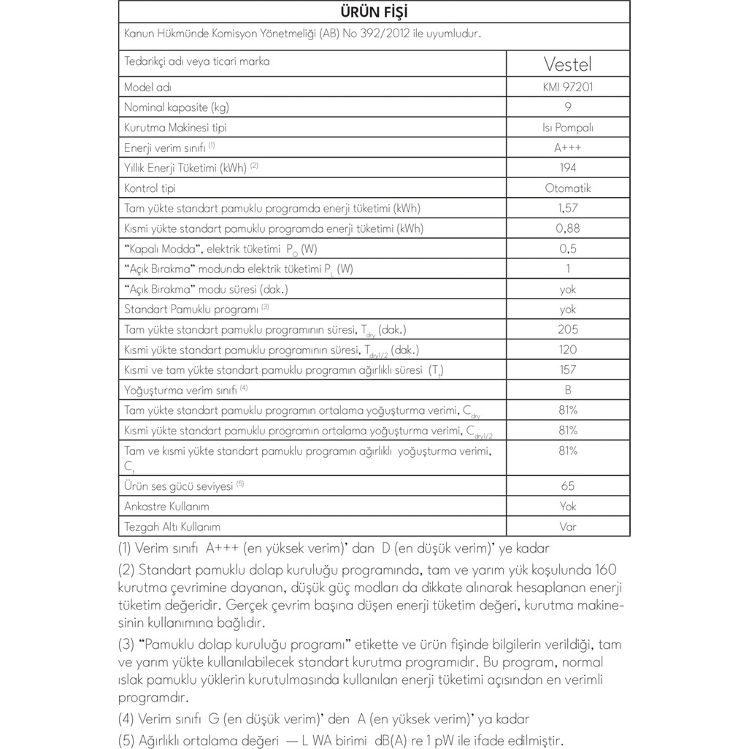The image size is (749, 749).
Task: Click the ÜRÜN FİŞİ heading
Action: tap(374, 12)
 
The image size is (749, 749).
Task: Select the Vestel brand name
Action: tap(567, 64)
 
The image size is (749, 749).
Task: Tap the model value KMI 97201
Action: tap(567, 87)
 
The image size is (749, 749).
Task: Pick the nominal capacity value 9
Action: tap(567, 107)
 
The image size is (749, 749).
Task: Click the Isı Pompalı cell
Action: tap(567, 128)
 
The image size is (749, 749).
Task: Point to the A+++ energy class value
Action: tap(567, 147)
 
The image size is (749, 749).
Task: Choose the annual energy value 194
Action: tap(567, 168)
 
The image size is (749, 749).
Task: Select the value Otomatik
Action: tap(567, 188)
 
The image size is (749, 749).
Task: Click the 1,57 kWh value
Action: tap(567, 208)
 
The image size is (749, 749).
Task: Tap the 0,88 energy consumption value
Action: tap(567, 228)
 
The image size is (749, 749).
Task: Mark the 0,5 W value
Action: tap(567, 249)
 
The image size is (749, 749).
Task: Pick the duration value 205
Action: tap(567, 329)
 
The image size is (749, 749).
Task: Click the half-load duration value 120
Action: tap(567, 350)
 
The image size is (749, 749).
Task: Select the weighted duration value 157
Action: tap(567, 369)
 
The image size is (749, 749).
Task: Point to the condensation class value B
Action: tap(567, 390)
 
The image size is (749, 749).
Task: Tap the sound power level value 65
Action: tap(567, 485)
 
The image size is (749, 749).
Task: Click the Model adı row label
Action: tap(147, 87)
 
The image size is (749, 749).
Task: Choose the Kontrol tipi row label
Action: tap(150, 188)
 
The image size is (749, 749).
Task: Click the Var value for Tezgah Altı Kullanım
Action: tap(567, 526)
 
